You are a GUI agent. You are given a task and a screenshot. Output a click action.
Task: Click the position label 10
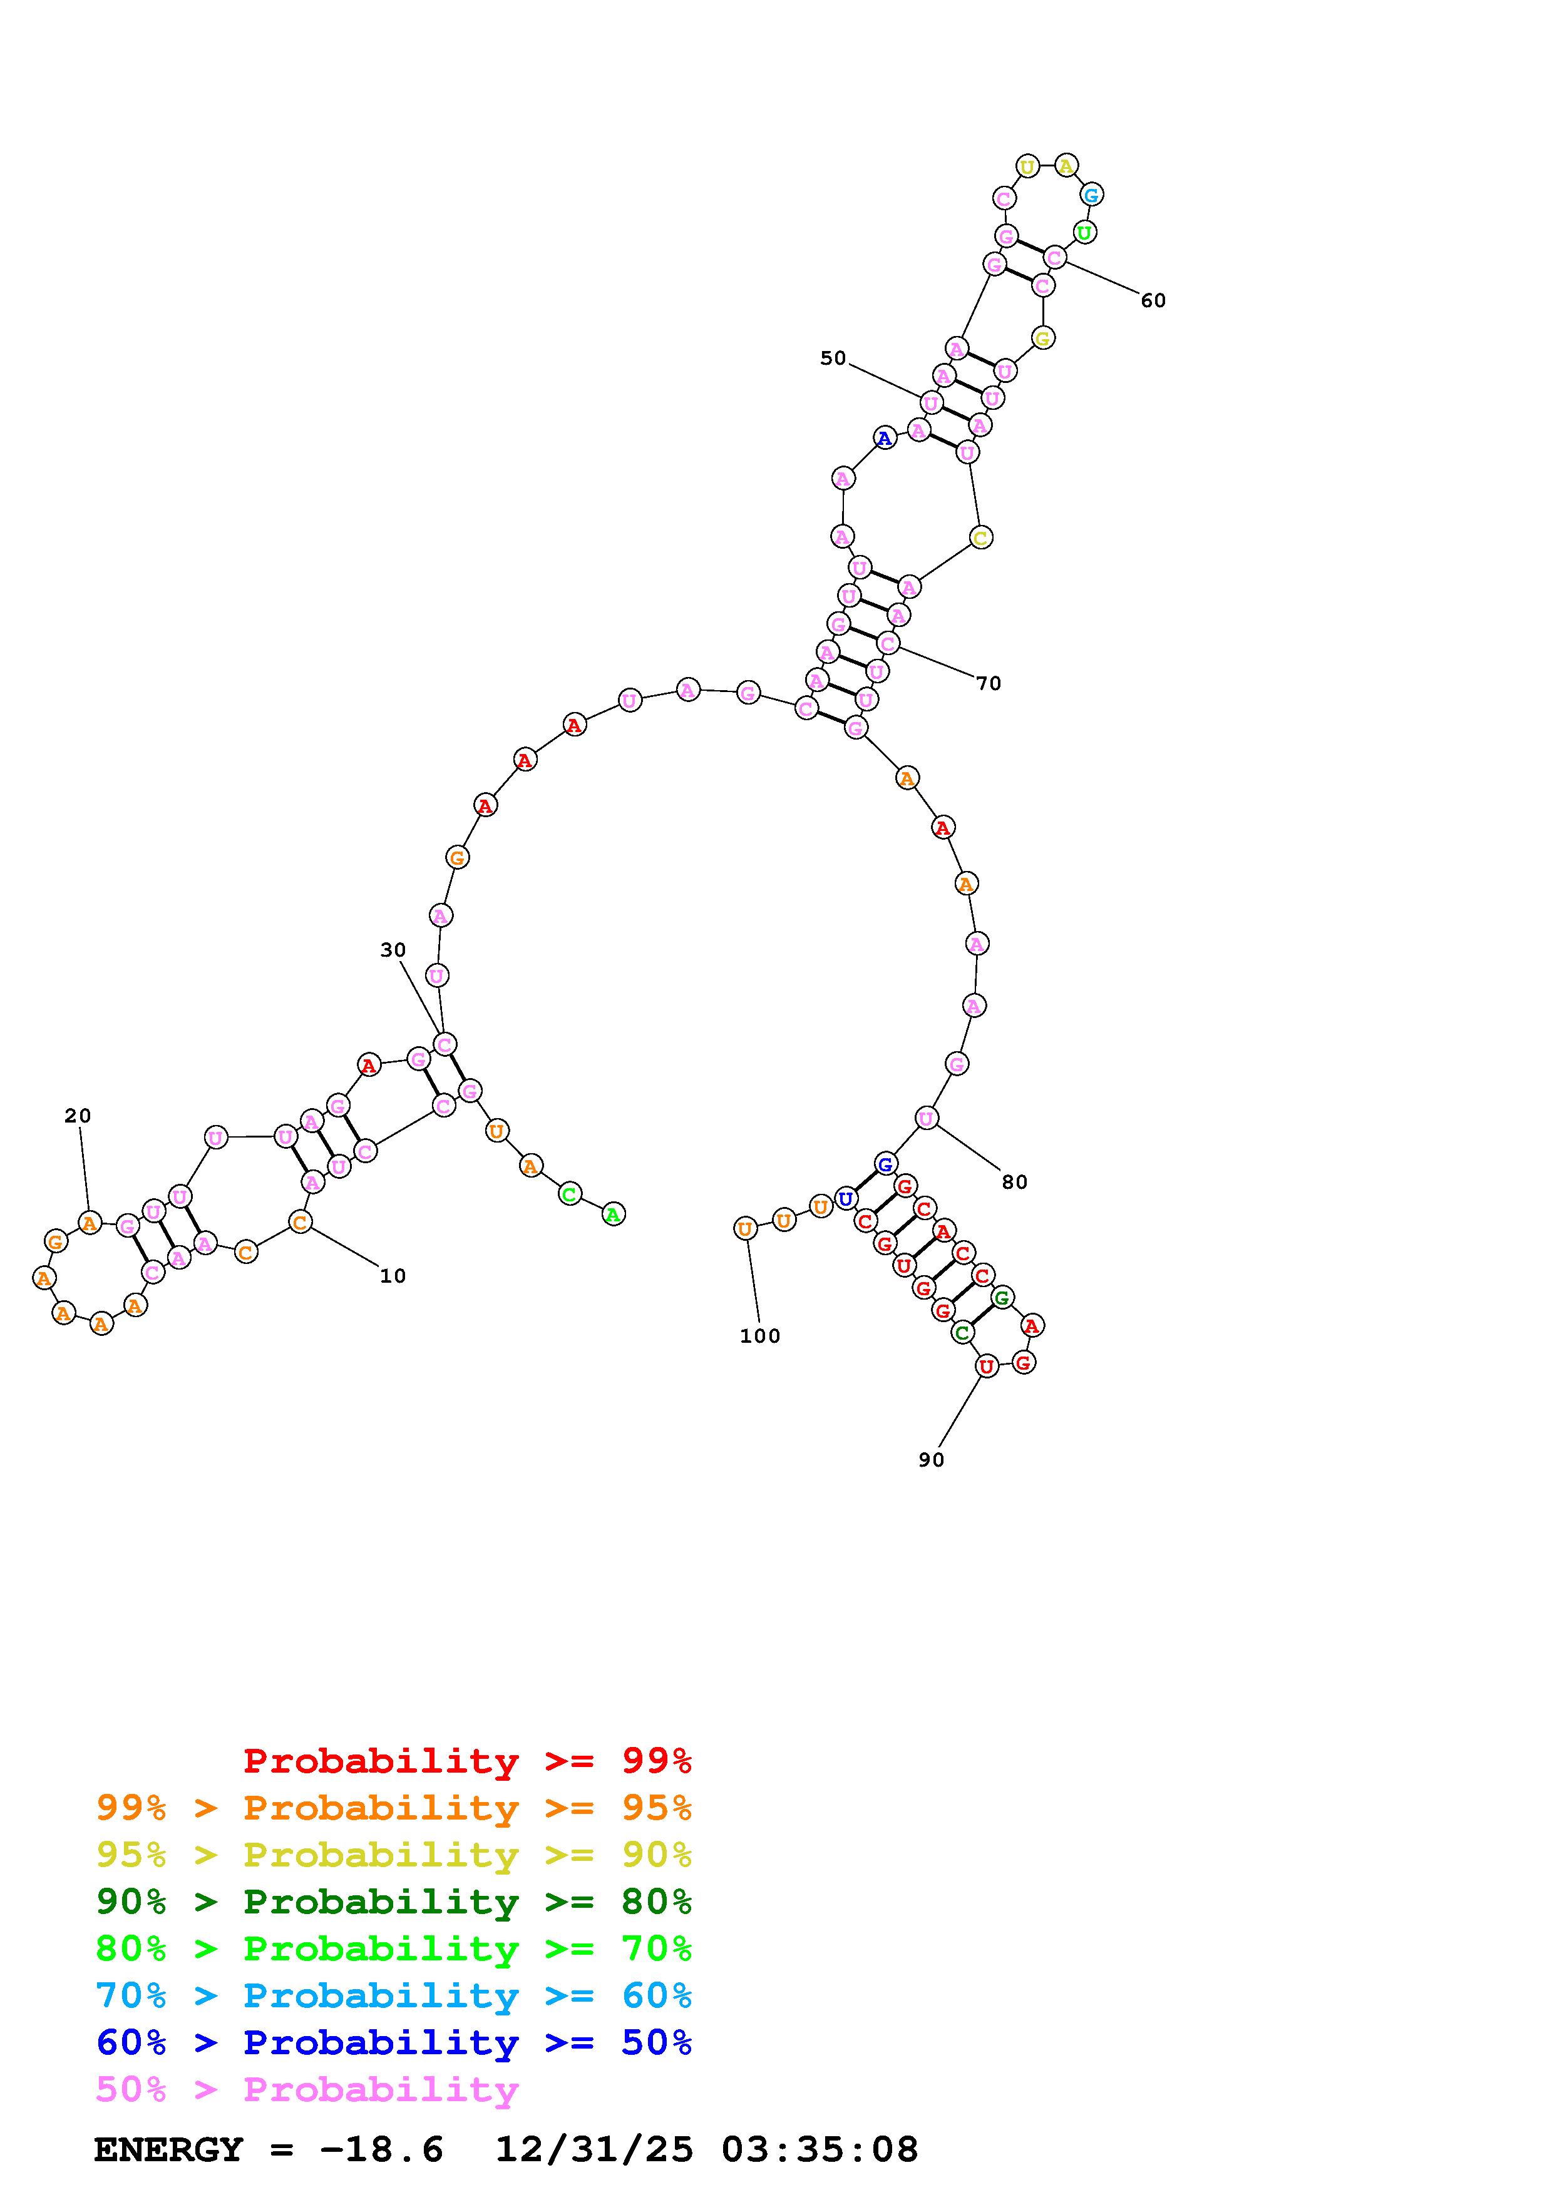(x=393, y=1276)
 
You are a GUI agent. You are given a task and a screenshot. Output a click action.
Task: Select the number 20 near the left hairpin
(x=78, y=1116)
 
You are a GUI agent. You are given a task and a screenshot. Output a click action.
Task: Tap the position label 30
(x=393, y=950)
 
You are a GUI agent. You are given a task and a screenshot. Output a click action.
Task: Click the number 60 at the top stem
(x=1153, y=300)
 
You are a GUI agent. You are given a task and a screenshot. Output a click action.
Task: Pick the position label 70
(x=989, y=683)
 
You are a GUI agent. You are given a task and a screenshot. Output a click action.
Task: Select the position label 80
(x=1015, y=1183)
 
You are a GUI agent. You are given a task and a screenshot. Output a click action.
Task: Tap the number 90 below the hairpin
(x=932, y=1460)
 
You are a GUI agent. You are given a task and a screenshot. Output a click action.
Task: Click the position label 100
(x=760, y=1337)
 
